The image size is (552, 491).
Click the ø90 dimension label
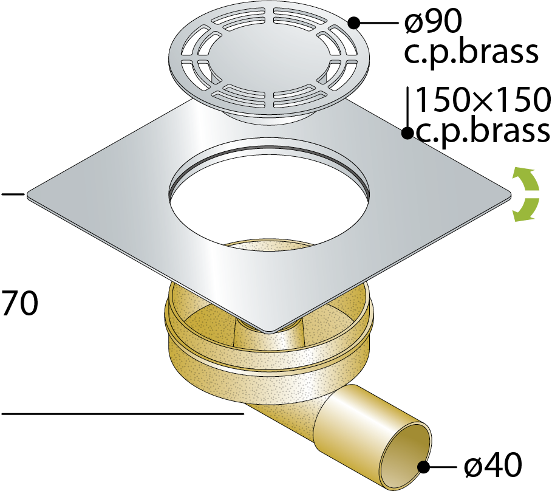click(433, 22)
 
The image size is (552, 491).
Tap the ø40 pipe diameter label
click(493, 465)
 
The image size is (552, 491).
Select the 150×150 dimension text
click(483, 100)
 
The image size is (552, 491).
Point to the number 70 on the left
click(19, 303)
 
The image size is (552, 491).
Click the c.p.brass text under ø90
click(471, 52)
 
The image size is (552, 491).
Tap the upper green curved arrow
click(526, 180)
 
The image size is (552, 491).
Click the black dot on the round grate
click(354, 23)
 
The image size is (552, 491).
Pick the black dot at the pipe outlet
click(423, 467)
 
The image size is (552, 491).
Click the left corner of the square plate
click(27, 194)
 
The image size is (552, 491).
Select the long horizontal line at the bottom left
click(123, 413)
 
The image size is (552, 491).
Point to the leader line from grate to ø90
click(378, 23)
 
